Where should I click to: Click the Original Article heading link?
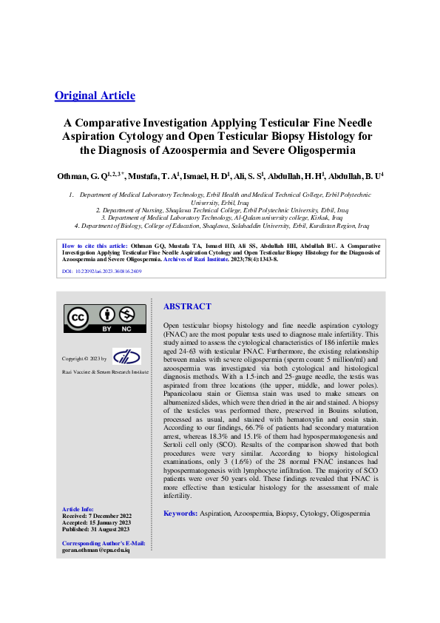pyautogui.click(x=95, y=95)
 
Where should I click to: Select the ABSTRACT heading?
pyautogui.click(x=187, y=306)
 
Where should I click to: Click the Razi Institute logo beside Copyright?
pyautogui.click(x=126, y=357)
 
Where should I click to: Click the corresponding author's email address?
pyautogui.click(x=96, y=552)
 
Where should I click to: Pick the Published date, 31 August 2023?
pyautogui.click(x=96, y=528)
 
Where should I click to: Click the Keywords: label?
pyautogui.click(x=180, y=513)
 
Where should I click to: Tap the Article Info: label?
pyautogui.click(x=78, y=509)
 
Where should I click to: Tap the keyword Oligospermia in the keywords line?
pyautogui.click(x=350, y=513)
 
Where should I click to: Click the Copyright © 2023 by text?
pyautogui.click(x=84, y=358)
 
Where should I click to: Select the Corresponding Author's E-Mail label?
pyautogui.click(x=104, y=545)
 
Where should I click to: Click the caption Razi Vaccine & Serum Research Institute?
pyautogui.click(x=105, y=371)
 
